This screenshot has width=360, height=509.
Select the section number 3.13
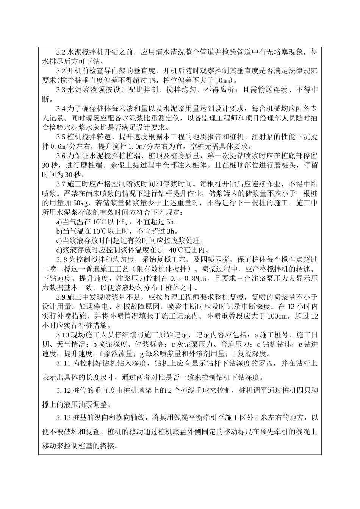[63, 418]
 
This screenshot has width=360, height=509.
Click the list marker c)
[59, 240]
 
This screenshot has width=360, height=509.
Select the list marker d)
[59, 250]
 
